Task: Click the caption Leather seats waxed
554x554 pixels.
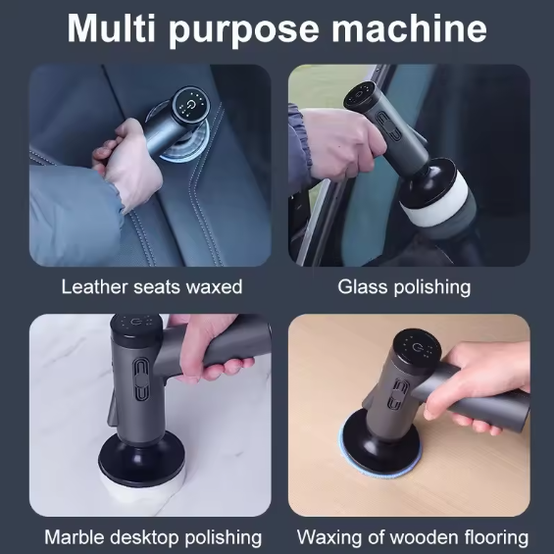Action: click(151, 287)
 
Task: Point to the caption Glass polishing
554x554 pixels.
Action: click(404, 287)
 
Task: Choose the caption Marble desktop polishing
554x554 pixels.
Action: click(153, 537)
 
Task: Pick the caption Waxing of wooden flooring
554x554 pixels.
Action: click(412, 537)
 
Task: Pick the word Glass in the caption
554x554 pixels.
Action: click(360, 287)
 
